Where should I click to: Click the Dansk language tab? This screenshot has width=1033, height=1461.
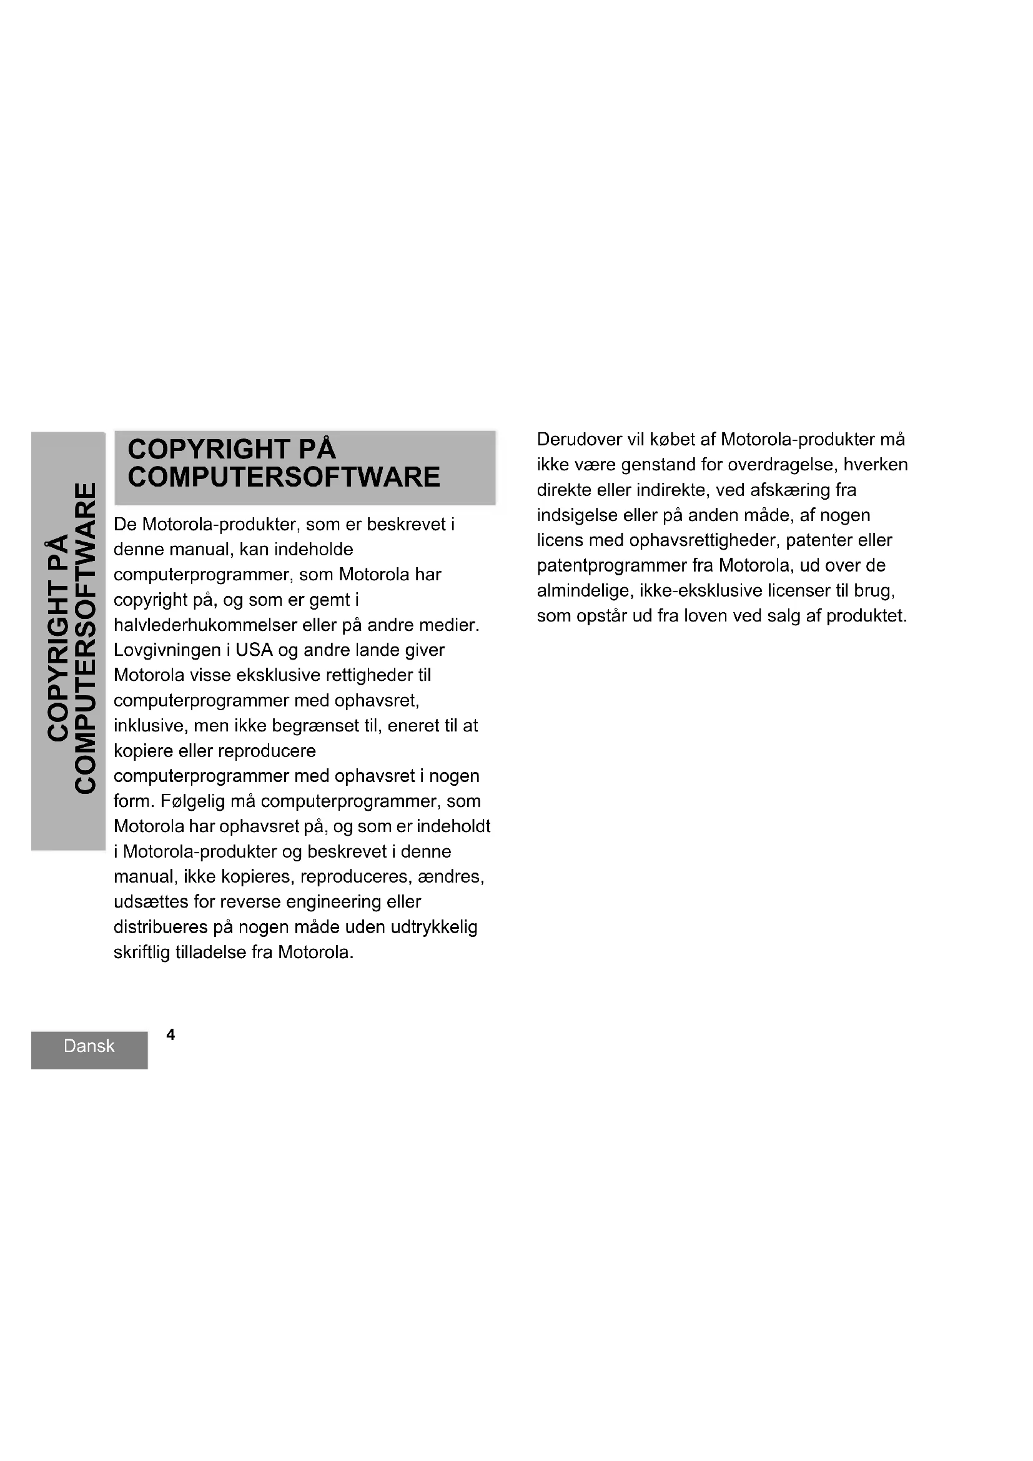(89, 1046)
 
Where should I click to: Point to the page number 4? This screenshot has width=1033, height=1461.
(171, 1034)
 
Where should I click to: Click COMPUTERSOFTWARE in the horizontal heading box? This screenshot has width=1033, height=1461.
(284, 477)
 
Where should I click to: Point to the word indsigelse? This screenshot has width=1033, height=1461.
(578, 515)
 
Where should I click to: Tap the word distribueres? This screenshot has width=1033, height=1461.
(161, 927)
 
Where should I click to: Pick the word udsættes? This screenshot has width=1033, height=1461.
(150, 902)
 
